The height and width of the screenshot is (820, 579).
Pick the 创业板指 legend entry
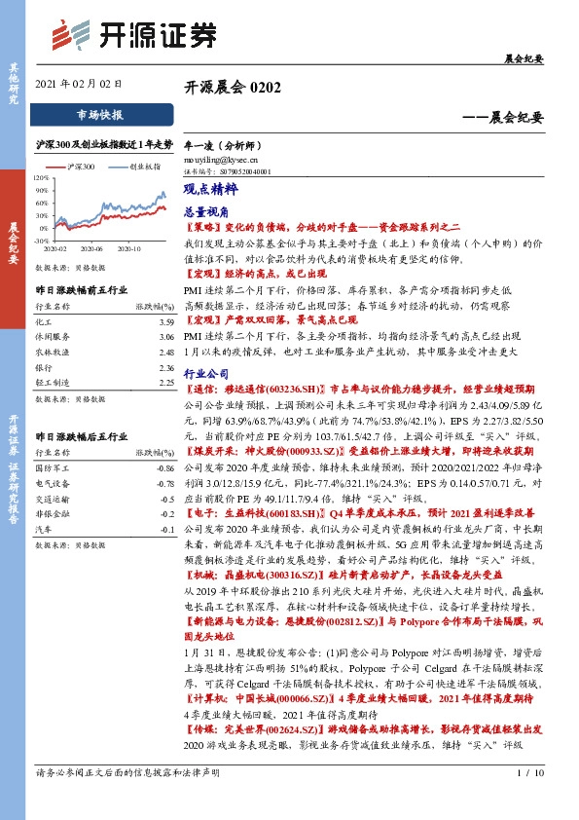point(144,167)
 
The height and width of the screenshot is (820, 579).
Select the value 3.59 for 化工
point(165,320)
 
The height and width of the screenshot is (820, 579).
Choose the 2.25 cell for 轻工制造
point(165,384)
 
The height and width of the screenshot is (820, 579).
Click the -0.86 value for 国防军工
point(163,468)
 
